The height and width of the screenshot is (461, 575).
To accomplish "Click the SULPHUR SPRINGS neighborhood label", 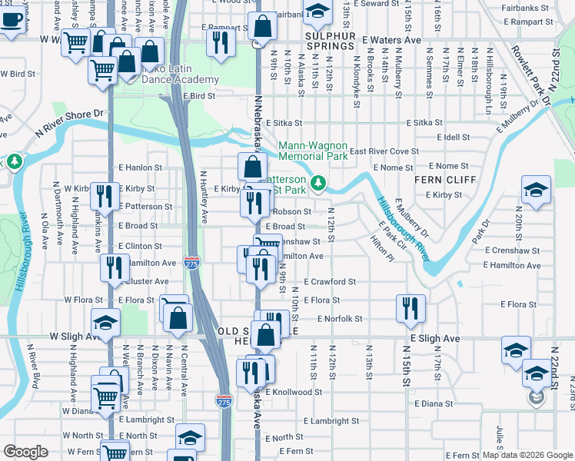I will (334, 35).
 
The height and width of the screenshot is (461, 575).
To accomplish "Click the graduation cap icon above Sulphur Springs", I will (315, 11).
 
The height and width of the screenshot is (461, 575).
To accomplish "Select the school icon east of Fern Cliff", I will (536, 190).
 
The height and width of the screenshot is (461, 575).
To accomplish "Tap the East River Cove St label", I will (384, 151).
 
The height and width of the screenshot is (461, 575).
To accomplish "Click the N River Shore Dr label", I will (68, 123).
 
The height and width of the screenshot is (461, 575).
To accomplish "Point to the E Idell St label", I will (454, 137).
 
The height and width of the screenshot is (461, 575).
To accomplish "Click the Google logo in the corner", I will (25, 452).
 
